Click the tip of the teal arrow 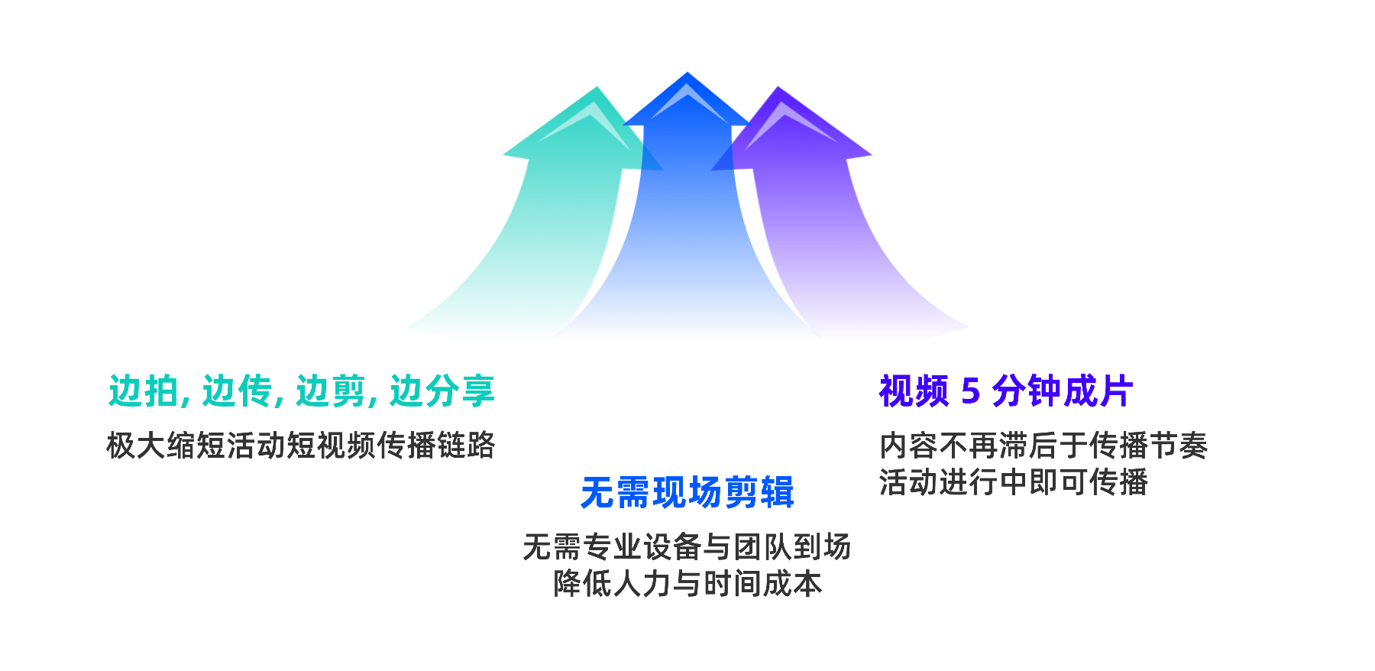pos(596,89)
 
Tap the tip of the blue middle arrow pos(687,74)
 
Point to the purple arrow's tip pos(778,89)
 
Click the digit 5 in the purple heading pos(970,391)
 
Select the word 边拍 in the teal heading pos(144,391)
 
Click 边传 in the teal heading pos(238,391)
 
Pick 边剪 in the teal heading pos(331,391)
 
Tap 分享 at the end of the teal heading pos(460,391)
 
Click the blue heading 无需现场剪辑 pos(687,492)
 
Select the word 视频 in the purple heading pos(914,391)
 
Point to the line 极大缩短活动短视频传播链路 pos(301,446)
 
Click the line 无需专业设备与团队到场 pos(687,547)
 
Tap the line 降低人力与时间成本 pos(687,584)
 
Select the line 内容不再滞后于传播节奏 pos(1043,446)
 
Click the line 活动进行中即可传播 pos(1014,482)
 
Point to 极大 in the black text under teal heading pos(136,446)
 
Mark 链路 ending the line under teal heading pos(467,446)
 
